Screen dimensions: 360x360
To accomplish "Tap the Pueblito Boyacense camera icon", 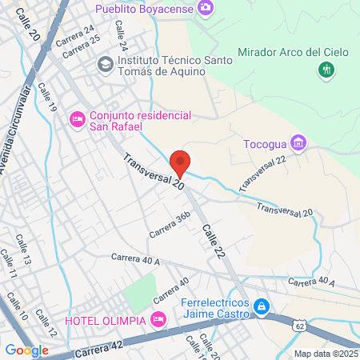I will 206,8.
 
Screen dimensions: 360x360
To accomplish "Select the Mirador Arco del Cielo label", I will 294,52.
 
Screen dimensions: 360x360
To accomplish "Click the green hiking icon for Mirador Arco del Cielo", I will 326,70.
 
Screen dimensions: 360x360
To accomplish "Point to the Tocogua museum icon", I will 299,143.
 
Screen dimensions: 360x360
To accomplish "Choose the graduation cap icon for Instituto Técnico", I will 104,63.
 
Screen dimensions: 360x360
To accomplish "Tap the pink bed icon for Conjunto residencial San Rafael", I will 78,120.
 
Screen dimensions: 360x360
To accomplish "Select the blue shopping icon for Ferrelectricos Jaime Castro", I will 262,306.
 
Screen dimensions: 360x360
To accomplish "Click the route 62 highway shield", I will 299,326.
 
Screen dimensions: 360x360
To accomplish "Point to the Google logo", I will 26,350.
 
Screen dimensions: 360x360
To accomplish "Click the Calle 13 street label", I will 22,249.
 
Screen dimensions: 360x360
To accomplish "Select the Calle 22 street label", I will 213,241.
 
